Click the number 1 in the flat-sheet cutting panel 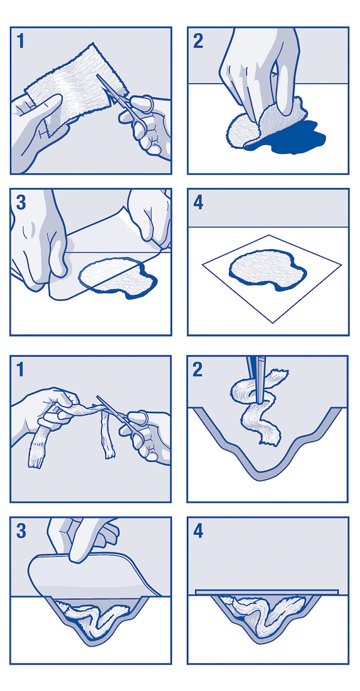(21, 42)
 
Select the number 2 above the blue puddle (198, 41)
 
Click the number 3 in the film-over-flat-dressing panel (21, 203)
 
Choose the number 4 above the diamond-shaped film (198, 203)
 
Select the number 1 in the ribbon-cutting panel (21, 370)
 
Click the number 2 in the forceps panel (198, 370)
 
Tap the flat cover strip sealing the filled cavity (268, 591)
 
